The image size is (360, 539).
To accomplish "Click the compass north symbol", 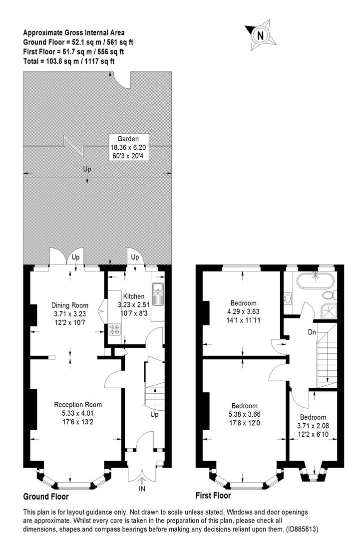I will [x=260, y=35].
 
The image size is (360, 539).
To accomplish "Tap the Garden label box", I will [x=124, y=147].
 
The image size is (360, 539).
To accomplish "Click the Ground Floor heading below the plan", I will [x=46, y=497].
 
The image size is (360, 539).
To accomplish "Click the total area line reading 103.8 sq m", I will [x=69, y=61].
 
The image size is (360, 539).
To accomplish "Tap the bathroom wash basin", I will [x=288, y=298].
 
